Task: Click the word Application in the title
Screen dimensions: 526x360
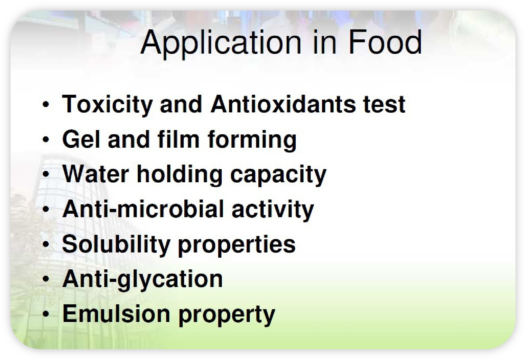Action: click(x=221, y=44)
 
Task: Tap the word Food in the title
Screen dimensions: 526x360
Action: click(x=385, y=42)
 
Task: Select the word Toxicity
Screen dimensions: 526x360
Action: click(x=107, y=105)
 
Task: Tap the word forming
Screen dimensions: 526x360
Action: click(x=252, y=141)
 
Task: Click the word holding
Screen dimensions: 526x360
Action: click(x=179, y=175)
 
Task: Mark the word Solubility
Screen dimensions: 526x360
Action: click(x=116, y=245)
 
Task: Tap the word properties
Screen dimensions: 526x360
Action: click(x=237, y=246)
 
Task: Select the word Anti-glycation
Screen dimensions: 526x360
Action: click(x=142, y=279)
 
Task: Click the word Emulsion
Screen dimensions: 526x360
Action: click(x=116, y=314)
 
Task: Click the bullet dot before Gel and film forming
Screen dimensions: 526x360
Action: click(x=46, y=139)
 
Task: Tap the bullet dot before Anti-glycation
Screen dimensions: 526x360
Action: click(x=46, y=279)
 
